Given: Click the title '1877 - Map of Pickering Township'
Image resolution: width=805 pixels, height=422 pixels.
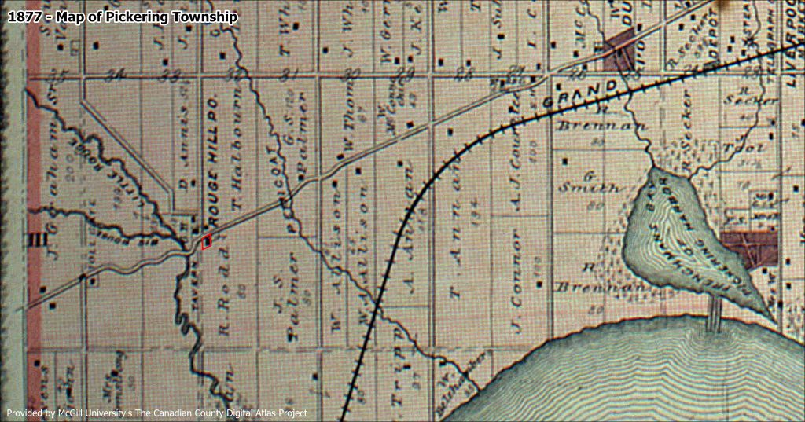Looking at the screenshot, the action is click(122, 17).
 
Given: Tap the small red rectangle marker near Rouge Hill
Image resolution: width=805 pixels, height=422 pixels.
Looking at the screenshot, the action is click(207, 242).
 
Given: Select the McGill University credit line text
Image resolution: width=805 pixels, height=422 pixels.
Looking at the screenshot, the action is click(157, 413).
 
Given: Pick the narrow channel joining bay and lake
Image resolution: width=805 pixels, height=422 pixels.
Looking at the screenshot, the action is click(714, 315).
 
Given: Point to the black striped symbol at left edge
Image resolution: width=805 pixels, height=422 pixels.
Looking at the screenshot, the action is click(35, 239).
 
